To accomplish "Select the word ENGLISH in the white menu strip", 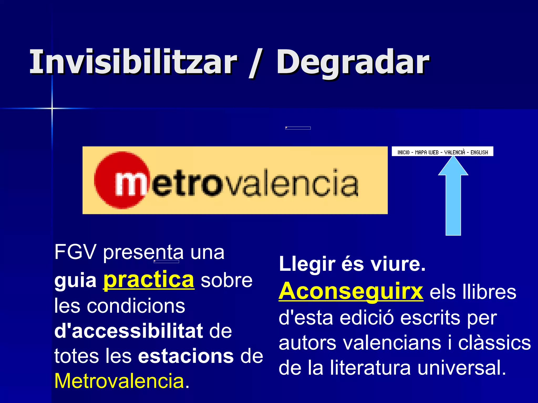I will [479, 152].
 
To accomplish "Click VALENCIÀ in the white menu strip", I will [454, 152].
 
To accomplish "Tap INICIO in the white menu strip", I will [403, 152].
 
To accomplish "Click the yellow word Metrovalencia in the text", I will [119, 381].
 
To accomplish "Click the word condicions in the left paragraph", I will [136, 306].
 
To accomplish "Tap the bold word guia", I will [75, 281].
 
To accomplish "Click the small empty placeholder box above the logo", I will [298, 128].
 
